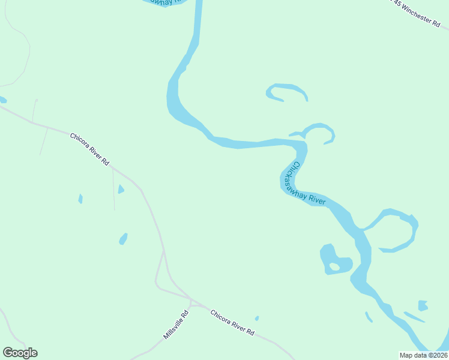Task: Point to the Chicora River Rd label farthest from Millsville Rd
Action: click(x=89, y=149)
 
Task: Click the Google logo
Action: click(x=20, y=353)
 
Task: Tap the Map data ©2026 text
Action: click(x=423, y=355)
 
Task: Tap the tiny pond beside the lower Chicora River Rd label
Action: click(x=257, y=319)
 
